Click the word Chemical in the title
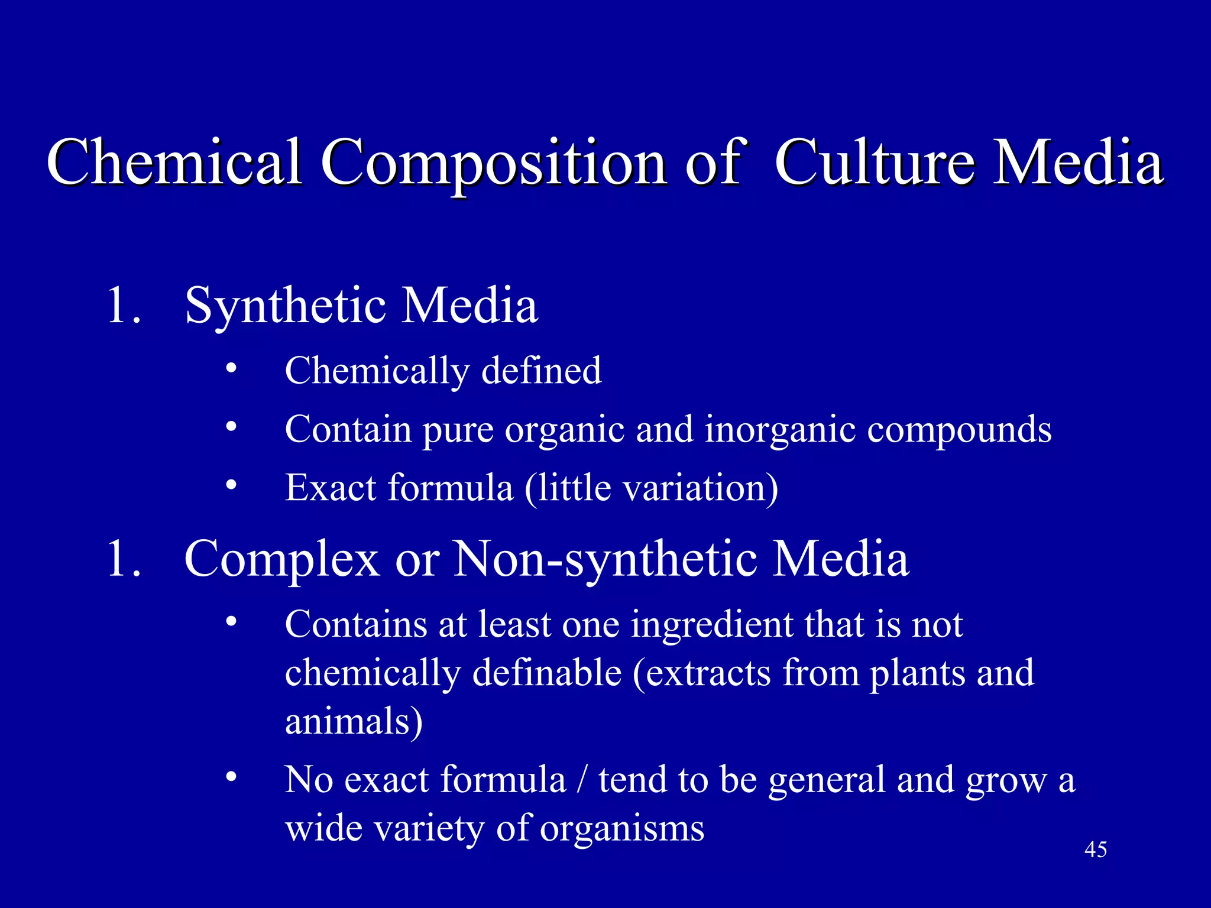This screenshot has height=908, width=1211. pos(174,161)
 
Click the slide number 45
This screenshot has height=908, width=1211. pos(1095,849)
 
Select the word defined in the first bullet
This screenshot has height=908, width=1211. pos(541,371)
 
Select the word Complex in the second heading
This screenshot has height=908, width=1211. pos(281,560)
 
